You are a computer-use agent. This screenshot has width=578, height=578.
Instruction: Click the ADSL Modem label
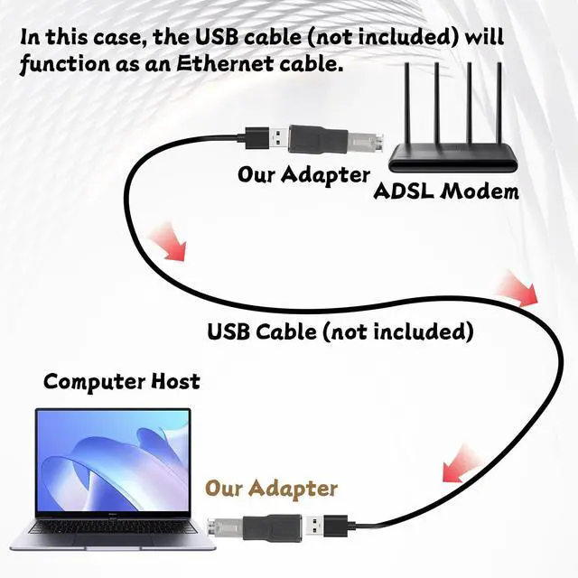tap(446, 191)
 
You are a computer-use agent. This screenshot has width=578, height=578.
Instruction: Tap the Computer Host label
tap(122, 381)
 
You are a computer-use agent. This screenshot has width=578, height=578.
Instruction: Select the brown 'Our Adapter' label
tap(271, 489)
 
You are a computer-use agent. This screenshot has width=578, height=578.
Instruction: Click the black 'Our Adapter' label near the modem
tap(303, 173)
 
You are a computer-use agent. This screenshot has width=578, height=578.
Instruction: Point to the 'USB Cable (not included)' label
tap(340, 331)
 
